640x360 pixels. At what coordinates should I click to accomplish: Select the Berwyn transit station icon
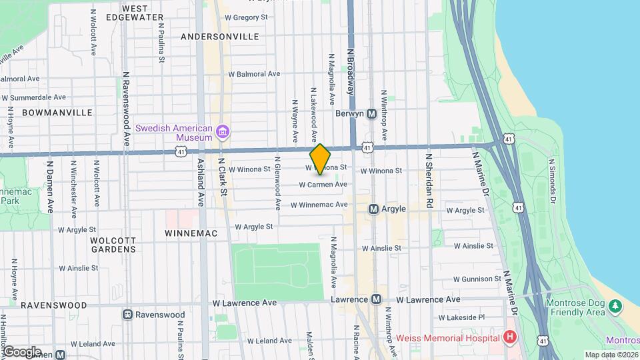pyautogui.click(x=372, y=113)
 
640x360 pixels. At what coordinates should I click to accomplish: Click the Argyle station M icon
pyautogui.click(x=374, y=209)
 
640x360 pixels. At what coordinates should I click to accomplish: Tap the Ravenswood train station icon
pyautogui.click(x=127, y=314)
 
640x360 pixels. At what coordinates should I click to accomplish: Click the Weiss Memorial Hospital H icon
pyautogui.click(x=511, y=337)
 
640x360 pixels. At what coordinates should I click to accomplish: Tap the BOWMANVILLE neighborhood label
pyautogui.click(x=57, y=113)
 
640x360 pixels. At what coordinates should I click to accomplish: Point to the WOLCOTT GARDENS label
pyautogui.click(x=114, y=245)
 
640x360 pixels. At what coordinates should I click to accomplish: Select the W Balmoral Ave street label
pyautogui.click(x=254, y=74)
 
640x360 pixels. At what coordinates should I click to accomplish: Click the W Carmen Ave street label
pyautogui.click(x=323, y=185)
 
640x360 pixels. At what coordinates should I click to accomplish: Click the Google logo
pyautogui.click(x=22, y=352)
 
